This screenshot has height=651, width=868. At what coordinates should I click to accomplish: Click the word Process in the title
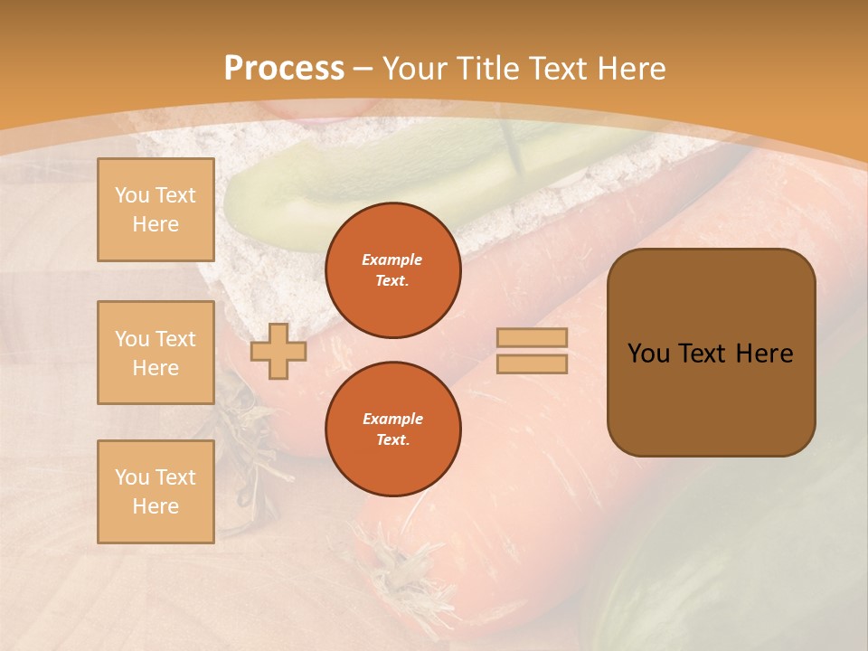pos(284,69)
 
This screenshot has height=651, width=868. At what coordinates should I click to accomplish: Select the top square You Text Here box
pos(156,210)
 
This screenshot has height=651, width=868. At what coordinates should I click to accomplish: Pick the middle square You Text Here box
pos(156,353)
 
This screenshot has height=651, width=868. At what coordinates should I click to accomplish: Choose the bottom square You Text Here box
pos(156,492)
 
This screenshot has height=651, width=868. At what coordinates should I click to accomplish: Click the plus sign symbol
pos(278,351)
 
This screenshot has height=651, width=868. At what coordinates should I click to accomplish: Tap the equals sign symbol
pos(532,351)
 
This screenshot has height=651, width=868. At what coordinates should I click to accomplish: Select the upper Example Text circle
pos(393,270)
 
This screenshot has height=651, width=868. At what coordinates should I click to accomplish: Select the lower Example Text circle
pos(393,429)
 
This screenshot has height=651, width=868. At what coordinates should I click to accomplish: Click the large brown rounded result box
pos(711,353)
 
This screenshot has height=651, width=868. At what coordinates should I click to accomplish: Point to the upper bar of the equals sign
pos(532,338)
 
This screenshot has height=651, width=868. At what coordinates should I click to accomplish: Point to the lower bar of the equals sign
pos(532,363)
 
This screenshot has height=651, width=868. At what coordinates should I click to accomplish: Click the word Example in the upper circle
pos(392,259)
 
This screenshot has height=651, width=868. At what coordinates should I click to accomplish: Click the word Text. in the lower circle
pos(392,440)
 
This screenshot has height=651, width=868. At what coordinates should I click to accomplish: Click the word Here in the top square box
pos(156,224)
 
